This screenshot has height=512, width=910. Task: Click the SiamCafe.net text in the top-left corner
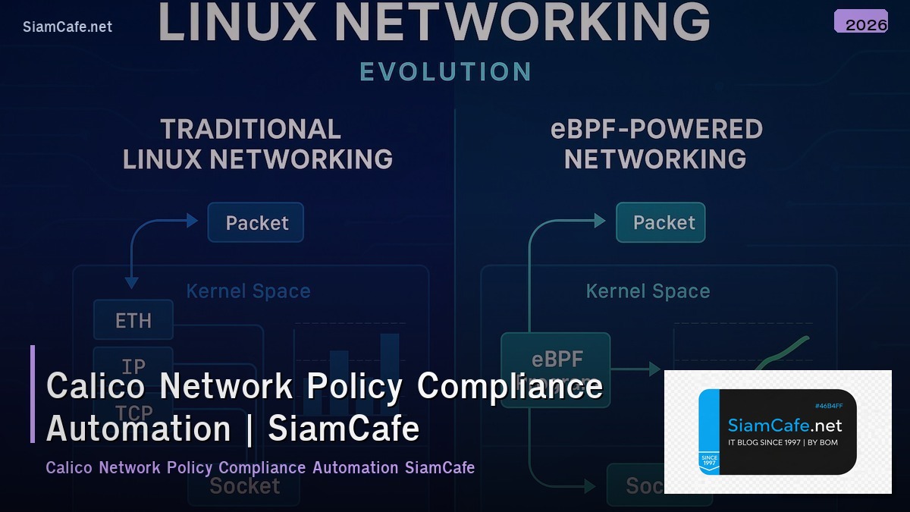tap(67, 27)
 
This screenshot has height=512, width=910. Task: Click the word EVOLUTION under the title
tap(445, 72)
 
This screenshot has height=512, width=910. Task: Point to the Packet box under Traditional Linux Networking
tap(256, 223)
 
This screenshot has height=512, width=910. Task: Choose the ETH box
tap(133, 320)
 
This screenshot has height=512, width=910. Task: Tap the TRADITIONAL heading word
tap(250, 130)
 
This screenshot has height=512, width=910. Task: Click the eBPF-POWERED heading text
tap(656, 130)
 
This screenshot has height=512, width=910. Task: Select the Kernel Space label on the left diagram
tap(248, 291)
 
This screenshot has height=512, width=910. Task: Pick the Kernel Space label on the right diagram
tap(648, 291)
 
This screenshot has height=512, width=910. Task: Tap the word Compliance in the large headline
tap(510, 386)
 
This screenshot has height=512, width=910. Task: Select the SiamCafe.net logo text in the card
tap(784, 426)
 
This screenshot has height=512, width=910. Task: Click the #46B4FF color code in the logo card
tap(828, 407)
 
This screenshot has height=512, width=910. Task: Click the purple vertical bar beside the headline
tap(33, 394)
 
